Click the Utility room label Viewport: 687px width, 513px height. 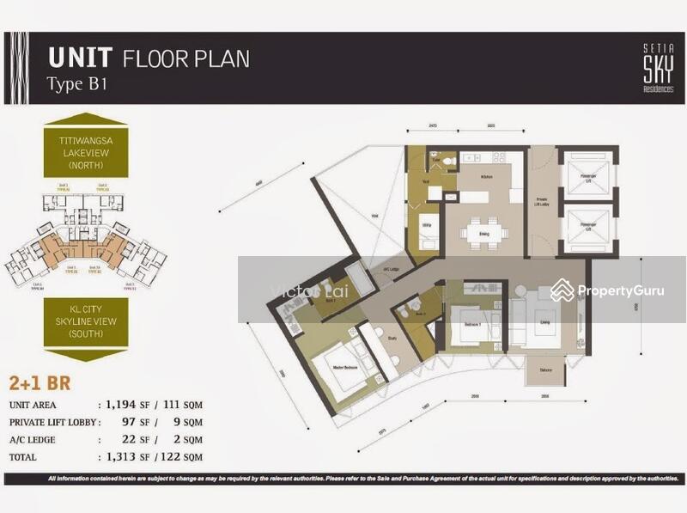(426, 220)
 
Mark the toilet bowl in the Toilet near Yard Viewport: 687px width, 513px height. (435, 160)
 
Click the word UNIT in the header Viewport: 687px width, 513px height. (81, 58)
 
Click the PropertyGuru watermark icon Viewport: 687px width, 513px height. (563, 290)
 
